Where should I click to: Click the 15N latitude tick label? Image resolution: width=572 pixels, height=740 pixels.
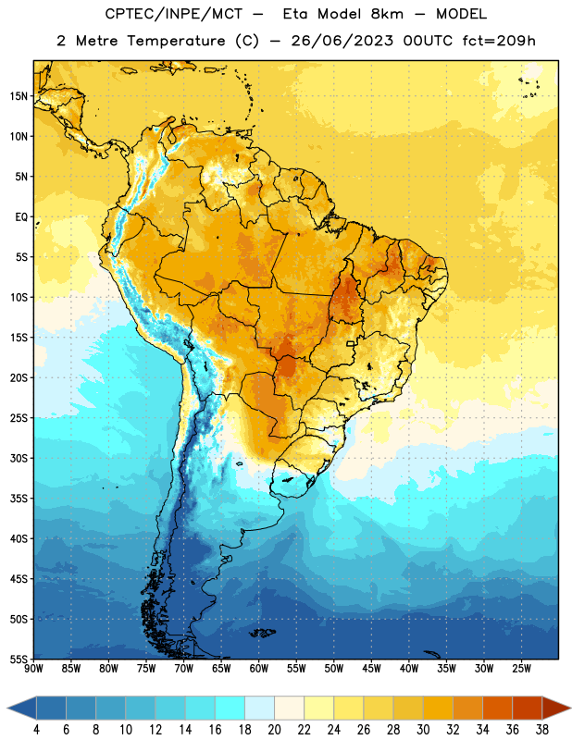(x=19, y=96)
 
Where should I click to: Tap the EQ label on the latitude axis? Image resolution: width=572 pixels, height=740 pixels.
(x=21, y=217)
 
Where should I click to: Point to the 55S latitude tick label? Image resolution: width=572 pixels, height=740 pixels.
(x=19, y=659)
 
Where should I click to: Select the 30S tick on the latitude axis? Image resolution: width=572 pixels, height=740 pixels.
(x=19, y=458)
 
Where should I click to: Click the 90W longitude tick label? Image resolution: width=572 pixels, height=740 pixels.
(x=33, y=669)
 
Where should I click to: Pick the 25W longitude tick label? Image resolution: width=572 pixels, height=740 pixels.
(x=521, y=669)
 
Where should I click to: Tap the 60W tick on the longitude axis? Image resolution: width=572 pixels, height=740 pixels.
(x=259, y=669)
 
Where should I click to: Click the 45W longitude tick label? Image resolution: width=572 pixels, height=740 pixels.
(x=371, y=669)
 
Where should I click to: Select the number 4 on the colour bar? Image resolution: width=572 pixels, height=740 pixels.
(x=36, y=730)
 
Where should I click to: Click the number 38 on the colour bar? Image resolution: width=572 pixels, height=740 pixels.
(x=542, y=730)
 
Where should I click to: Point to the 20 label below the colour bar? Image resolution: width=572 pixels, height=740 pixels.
(x=274, y=730)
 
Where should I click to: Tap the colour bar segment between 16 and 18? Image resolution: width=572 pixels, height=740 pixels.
(x=230, y=709)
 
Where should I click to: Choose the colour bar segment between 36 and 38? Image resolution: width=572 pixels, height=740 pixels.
(x=528, y=709)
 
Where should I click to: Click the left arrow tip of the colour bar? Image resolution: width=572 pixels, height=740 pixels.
(x=7, y=709)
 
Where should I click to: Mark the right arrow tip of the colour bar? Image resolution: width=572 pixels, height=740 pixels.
(x=570, y=709)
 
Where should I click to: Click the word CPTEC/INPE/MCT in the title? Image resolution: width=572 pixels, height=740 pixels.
(x=174, y=14)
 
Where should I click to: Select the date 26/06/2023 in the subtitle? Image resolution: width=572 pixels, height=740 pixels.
(x=342, y=41)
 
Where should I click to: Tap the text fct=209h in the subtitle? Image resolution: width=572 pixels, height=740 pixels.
(x=499, y=41)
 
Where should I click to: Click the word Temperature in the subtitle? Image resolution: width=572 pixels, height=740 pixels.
(x=176, y=41)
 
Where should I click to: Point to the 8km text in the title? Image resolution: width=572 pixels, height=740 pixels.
(x=387, y=14)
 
